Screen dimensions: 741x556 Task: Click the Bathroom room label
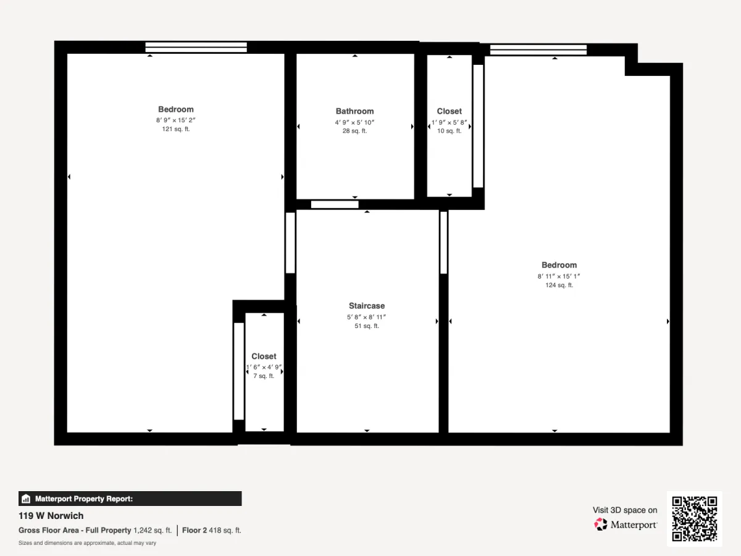[x=354, y=111]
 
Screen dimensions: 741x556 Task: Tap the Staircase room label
[x=367, y=306]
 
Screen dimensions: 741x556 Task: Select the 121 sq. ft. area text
[x=176, y=129]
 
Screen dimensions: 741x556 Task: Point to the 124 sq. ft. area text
[x=559, y=285]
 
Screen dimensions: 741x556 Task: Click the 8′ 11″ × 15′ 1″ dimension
[x=559, y=276]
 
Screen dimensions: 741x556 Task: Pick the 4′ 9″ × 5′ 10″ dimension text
[x=354, y=122]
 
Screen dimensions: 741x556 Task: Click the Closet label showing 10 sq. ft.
[x=449, y=111]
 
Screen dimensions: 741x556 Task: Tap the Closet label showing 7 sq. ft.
[x=264, y=356]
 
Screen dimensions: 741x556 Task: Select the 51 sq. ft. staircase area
[x=367, y=326]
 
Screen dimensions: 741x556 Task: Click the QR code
[x=695, y=518]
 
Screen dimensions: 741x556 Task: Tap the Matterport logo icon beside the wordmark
[x=601, y=524]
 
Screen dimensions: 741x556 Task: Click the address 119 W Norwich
[x=51, y=516]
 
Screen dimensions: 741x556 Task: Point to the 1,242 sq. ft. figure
[x=153, y=530]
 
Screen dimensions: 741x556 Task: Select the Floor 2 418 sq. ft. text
[x=212, y=530]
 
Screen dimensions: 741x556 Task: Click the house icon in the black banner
[x=26, y=499]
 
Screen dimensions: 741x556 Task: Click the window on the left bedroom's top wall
[x=196, y=48]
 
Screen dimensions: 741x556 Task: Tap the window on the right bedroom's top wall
[x=538, y=49]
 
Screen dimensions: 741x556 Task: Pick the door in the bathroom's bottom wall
[x=335, y=204]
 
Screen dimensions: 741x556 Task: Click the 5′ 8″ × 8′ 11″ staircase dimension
[x=367, y=317]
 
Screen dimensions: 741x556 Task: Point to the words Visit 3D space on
[x=625, y=510]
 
